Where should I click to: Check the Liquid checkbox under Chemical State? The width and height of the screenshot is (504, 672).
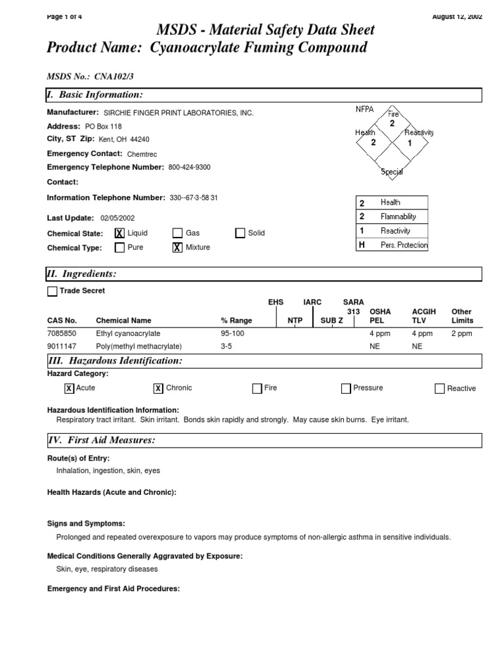click(119, 233)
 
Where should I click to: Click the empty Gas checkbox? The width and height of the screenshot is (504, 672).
click(177, 233)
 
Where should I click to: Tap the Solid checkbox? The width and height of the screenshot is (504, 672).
click(240, 233)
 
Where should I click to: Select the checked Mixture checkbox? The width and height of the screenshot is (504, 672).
click(177, 247)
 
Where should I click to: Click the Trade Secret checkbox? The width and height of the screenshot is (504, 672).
click(52, 291)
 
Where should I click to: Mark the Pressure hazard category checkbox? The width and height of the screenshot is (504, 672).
click(346, 388)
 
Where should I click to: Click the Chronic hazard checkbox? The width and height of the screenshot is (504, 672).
click(158, 388)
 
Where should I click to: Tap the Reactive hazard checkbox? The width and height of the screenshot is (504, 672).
click(440, 388)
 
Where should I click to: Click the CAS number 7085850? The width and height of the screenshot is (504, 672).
click(62, 333)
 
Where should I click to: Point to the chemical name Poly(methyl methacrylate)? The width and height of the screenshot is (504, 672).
click(138, 346)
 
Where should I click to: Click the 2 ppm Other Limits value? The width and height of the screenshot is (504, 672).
click(461, 333)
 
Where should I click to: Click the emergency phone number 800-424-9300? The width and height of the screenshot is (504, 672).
click(189, 167)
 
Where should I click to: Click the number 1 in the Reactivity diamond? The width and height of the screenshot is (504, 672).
click(409, 142)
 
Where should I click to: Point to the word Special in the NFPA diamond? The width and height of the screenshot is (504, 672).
click(392, 172)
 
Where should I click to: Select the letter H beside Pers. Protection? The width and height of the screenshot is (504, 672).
click(362, 245)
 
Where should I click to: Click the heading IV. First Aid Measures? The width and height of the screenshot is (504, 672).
click(101, 440)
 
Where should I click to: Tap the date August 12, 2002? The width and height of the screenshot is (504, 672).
click(457, 16)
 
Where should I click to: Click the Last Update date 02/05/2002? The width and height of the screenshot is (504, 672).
click(118, 218)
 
